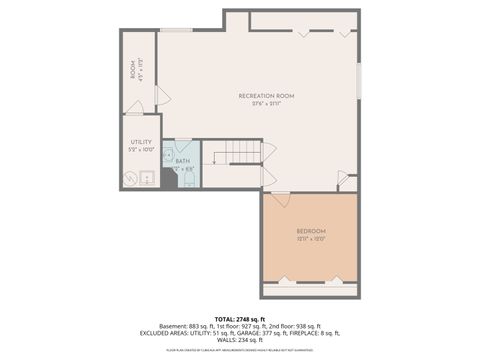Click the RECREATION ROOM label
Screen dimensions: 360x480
[x=266, y=95]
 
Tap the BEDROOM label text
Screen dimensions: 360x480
[x=310, y=231]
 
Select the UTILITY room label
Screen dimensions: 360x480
[x=141, y=142]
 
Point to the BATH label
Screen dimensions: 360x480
[x=182, y=160]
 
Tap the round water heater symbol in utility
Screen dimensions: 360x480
[x=130, y=178]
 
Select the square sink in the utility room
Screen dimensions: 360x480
[x=146, y=178]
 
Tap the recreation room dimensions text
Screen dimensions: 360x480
[x=266, y=103]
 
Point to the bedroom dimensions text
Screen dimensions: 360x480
[x=310, y=239]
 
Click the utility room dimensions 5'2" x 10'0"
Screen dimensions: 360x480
[x=141, y=150]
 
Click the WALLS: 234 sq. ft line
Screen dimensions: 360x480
[x=240, y=338]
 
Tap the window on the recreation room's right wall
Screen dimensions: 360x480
[x=358, y=80]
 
